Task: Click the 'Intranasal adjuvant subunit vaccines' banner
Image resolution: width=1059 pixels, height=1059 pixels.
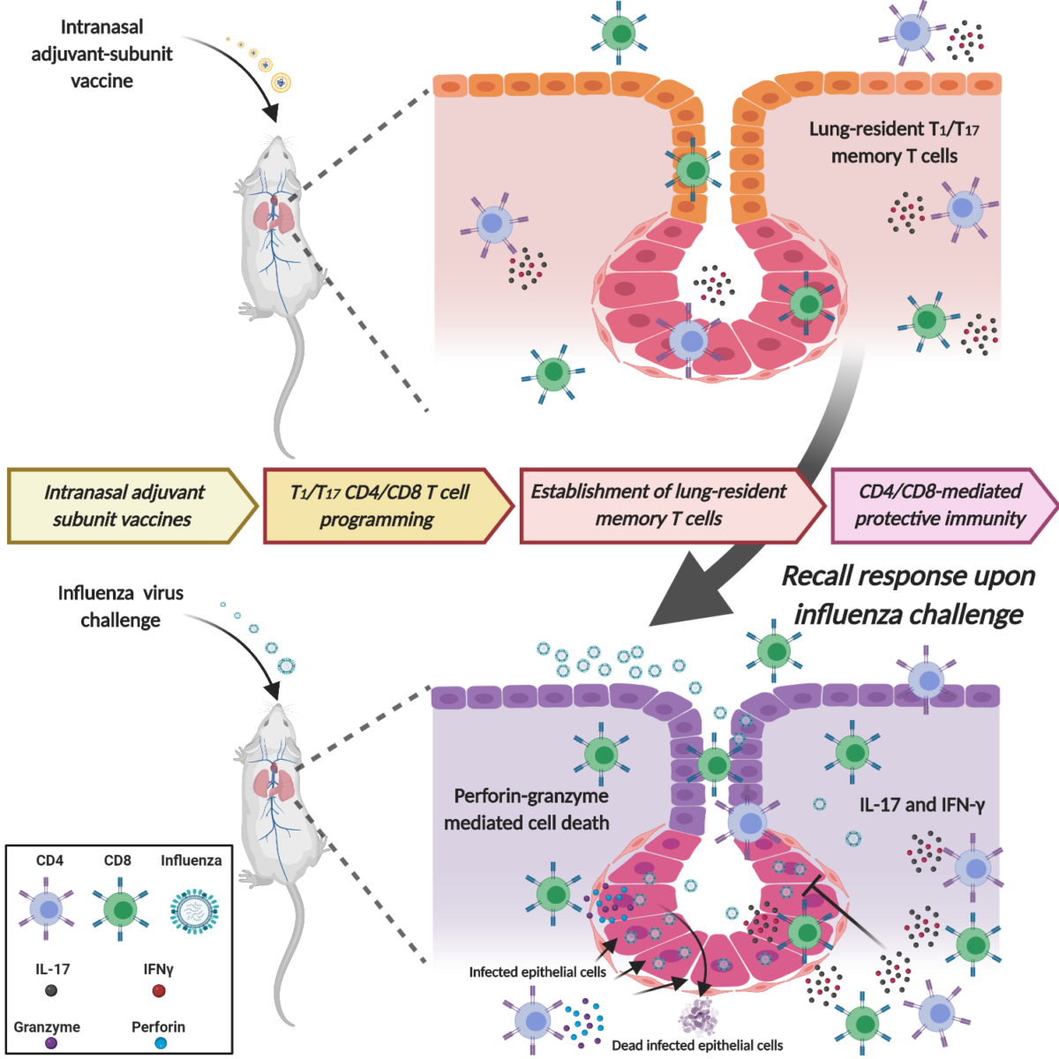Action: click(x=124, y=506)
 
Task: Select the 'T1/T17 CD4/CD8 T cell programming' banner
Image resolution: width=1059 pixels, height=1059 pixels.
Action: click(x=379, y=506)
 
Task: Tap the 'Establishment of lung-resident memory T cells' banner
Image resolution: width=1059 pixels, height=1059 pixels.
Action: click(x=658, y=505)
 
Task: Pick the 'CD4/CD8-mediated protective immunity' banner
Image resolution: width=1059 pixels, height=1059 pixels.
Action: click(x=940, y=505)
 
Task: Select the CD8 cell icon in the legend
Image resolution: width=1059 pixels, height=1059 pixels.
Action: click(x=119, y=909)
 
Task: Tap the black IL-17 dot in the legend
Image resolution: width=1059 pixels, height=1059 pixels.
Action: click(x=51, y=990)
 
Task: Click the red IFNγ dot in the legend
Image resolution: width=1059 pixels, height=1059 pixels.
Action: click(x=159, y=990)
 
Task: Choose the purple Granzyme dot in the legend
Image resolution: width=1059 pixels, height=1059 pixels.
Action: click(x=51, y=1042)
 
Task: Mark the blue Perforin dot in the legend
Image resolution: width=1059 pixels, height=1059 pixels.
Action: click(x=160, y=1042)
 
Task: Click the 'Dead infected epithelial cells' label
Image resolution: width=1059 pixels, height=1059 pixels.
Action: click(x=697, y=1046)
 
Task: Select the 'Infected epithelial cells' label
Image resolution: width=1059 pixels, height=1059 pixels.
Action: click(x=537, y=972)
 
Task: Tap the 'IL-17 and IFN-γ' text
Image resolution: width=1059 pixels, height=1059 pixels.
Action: click(x=922, y=805)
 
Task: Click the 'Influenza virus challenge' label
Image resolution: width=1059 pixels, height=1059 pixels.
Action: click(x=121, y=606)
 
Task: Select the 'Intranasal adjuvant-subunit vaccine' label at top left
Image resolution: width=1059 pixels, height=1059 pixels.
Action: click(x=101, y=54)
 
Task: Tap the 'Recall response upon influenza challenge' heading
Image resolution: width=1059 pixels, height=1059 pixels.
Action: click(x=908, y=595)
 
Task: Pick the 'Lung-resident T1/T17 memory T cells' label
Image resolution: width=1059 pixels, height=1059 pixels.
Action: click(x=894, y=142)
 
